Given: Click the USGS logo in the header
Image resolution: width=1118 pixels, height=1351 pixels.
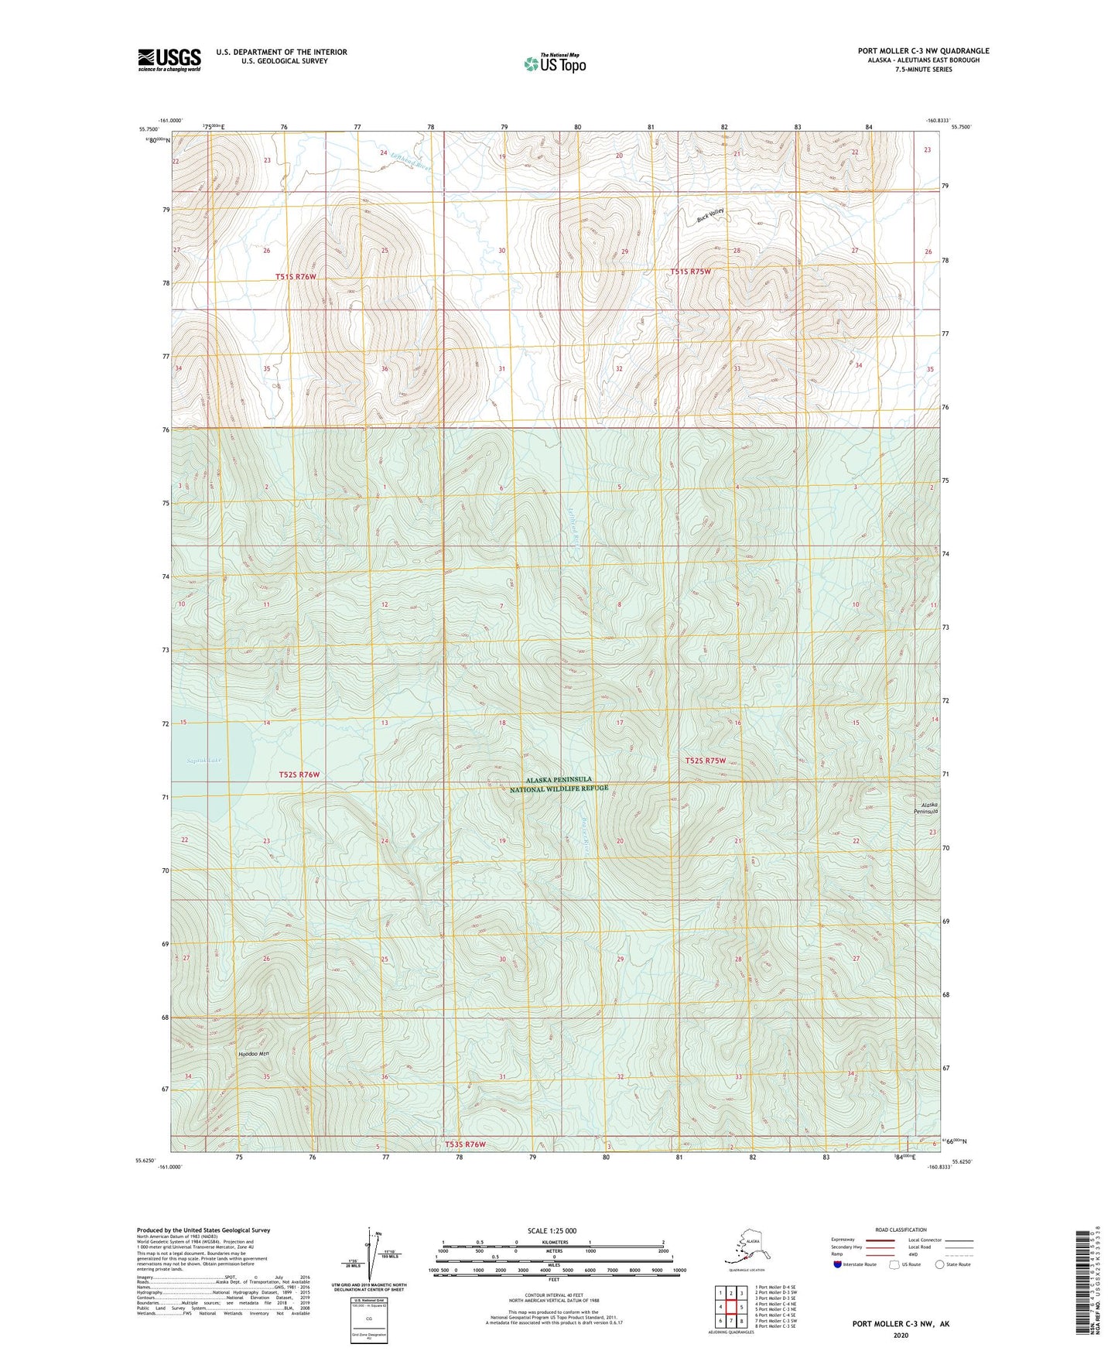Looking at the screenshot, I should (x=169, y=60).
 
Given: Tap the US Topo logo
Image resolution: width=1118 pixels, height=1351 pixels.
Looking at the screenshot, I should (x=555, y=63).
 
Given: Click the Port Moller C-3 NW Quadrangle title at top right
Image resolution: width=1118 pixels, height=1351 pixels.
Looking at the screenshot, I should (x=923, y=51).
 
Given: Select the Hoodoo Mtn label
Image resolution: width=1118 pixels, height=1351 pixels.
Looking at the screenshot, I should (x=253, y=1054).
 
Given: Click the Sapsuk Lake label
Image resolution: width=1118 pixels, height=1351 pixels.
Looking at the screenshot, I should (x=204, y=761).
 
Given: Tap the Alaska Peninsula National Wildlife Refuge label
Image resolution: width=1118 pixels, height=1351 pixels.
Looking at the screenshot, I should (x=559, y=784).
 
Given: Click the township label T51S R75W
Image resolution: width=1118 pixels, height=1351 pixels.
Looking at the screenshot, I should (x=690, y=272).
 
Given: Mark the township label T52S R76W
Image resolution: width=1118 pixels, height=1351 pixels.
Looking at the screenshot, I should (x=299, y=775).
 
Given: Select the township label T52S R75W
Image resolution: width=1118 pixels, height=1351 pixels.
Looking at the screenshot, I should (x=706, y=761).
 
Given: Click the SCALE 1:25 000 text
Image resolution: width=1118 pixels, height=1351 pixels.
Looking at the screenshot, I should (x=552, y=1231).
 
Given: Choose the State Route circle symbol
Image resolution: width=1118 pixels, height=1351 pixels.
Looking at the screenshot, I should (x=940, y=1264).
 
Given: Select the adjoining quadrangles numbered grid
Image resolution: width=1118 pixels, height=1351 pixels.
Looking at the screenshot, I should (x=731, y=1309).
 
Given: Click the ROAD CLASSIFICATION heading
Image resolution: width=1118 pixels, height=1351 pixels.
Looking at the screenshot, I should (x=900, y=1230).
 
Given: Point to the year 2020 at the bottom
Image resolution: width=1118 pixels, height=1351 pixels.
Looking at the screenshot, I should (x=901, y=1335).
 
